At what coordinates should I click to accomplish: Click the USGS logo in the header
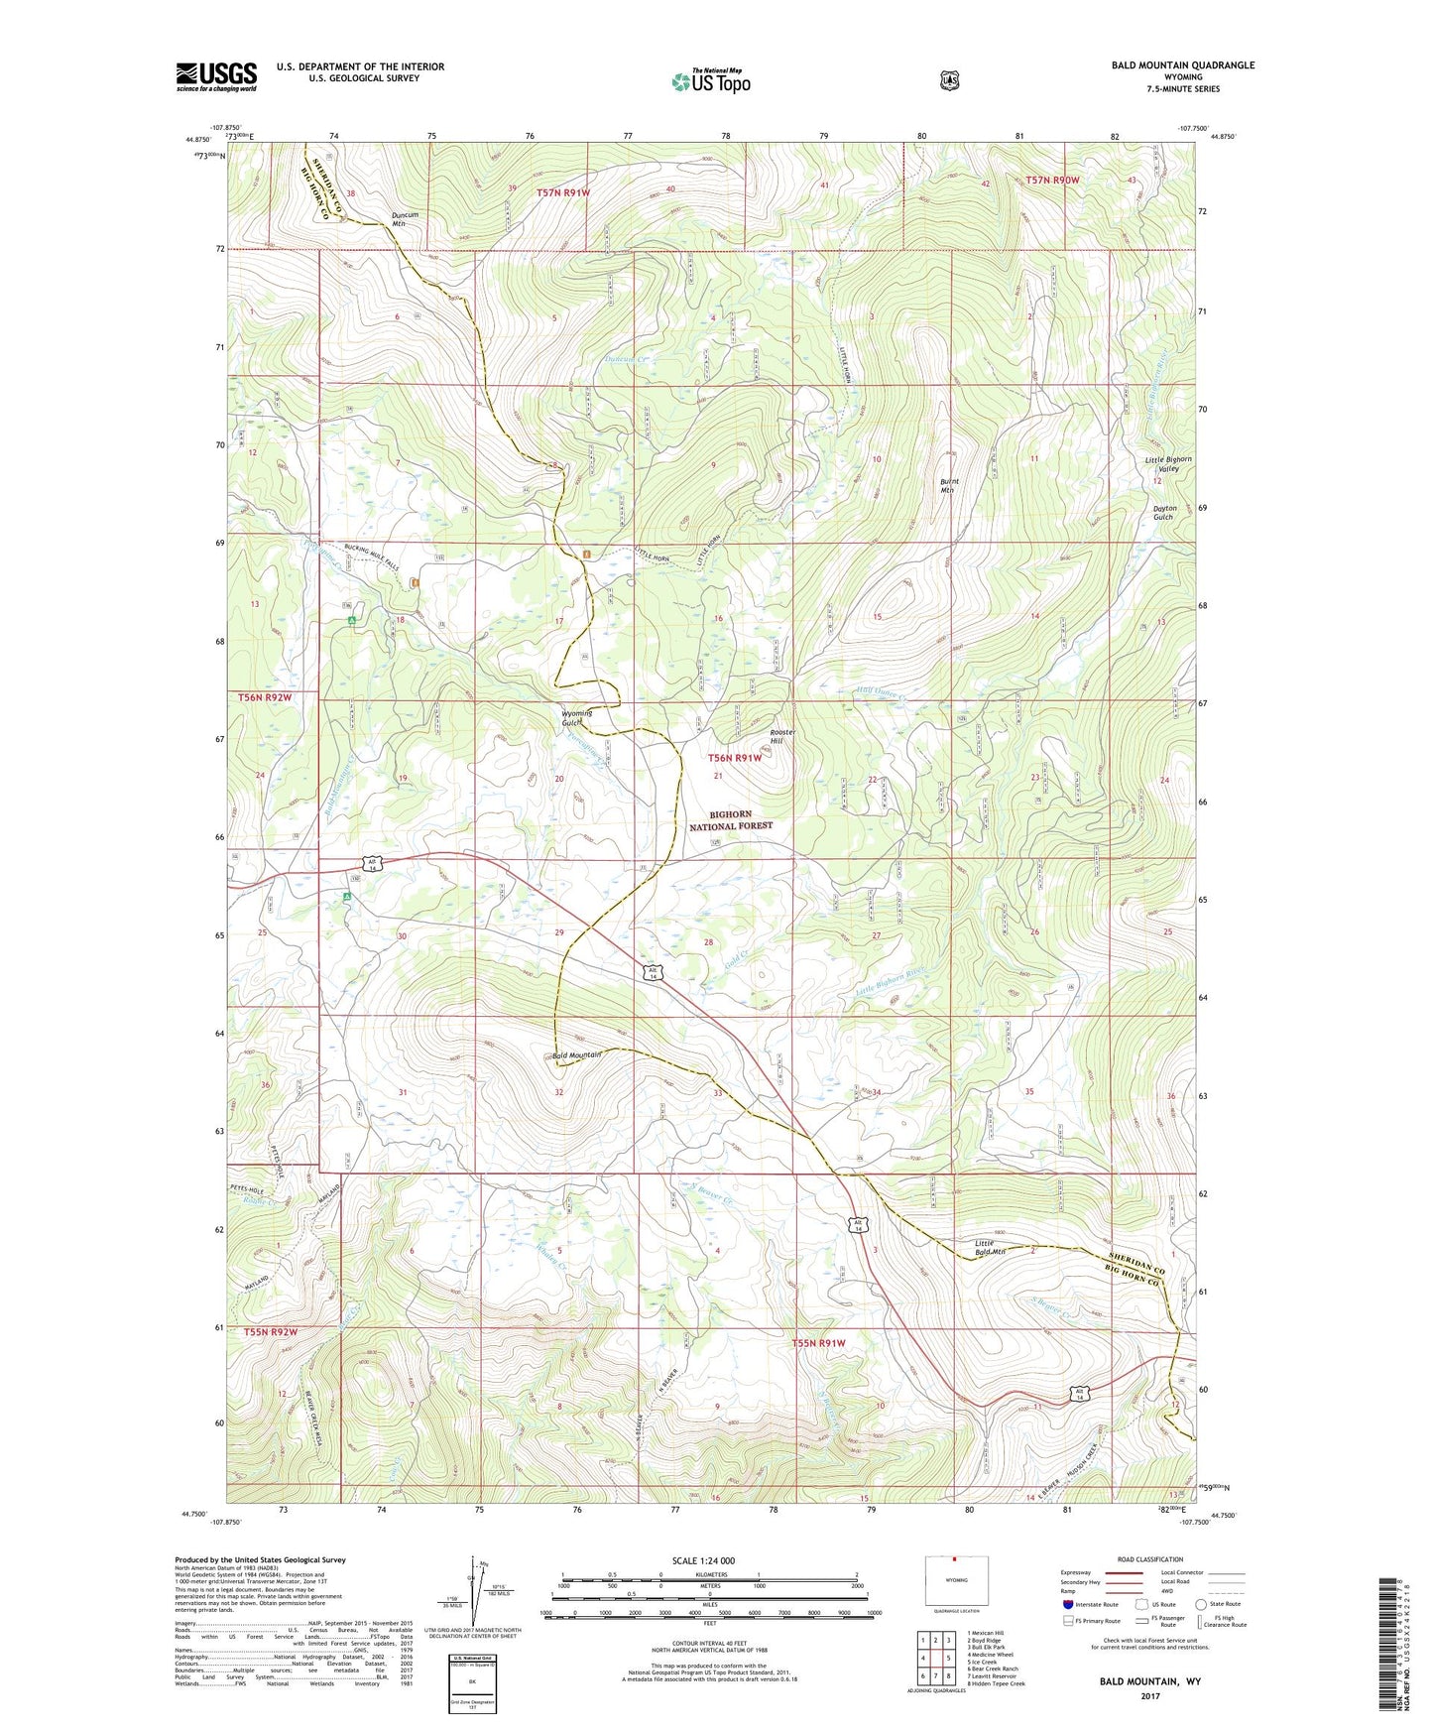tap(216, 76)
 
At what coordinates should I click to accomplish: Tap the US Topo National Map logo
tap(710, 80)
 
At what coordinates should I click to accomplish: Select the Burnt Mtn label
tap(949, 486)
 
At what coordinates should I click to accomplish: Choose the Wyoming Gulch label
tap(576, 717)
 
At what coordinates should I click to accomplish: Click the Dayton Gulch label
tap(1164, 513)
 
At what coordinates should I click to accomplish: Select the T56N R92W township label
tap(265, 698)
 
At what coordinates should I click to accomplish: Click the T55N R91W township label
tap(818, 1343)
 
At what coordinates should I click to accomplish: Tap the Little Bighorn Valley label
tap(1168, 464)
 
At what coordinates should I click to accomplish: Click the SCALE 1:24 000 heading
tap(703, 1560)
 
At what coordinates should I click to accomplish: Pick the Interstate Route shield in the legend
tap(1067, 1604)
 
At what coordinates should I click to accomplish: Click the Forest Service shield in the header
tap(950, 79)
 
